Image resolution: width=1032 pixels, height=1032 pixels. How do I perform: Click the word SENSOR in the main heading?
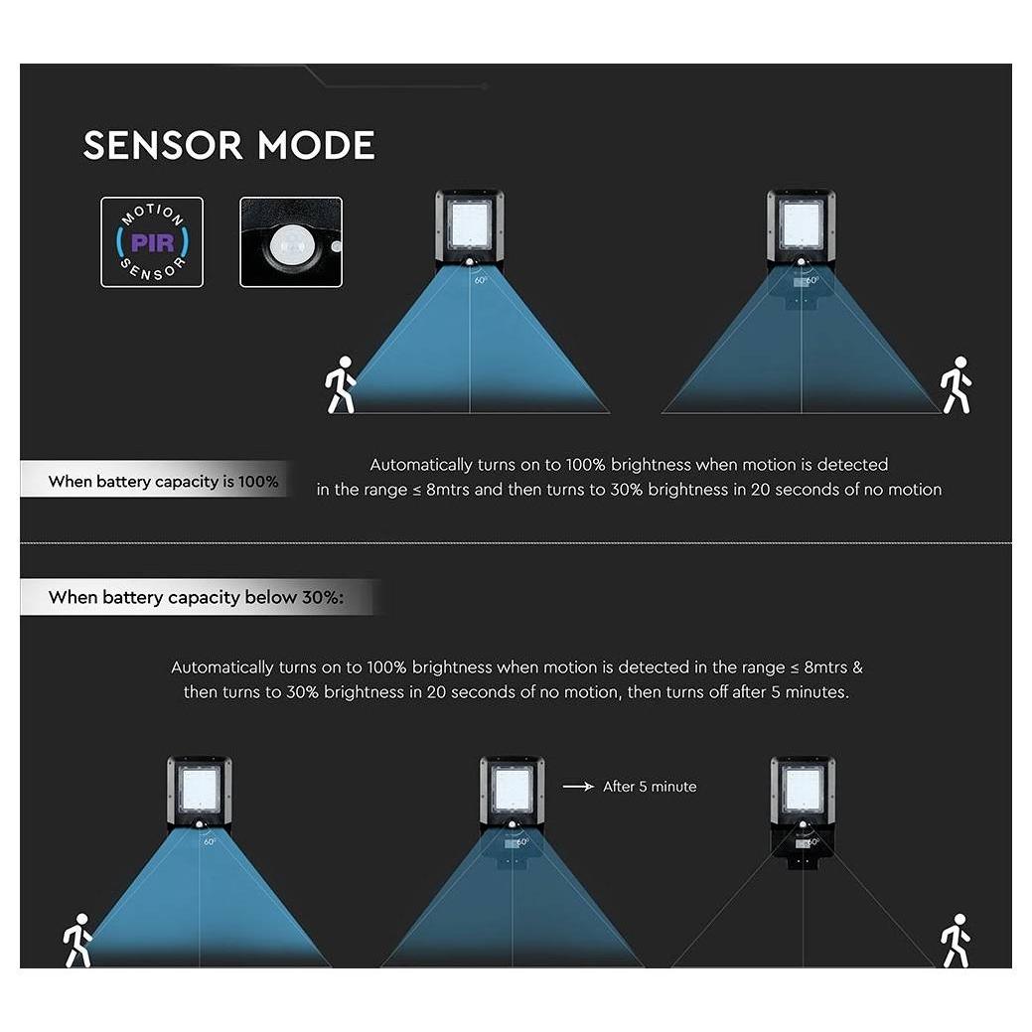pyautogui.click(x=163, y=145)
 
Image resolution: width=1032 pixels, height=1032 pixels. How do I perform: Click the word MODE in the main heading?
pyautogui.click(x=316, y=145)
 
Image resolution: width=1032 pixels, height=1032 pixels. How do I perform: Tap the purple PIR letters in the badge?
pyautogui.click(x=152, y=243)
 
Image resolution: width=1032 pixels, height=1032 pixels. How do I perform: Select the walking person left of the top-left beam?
pyautogui.click(x=341, y=385)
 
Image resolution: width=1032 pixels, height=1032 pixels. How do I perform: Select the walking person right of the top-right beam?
pyautogui.click(x=956, y=385)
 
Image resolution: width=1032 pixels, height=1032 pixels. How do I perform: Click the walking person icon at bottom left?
pyautogui.click(x=77, y=940)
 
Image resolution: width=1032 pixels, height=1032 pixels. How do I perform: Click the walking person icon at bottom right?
pyautogui.click(x=956, y=940)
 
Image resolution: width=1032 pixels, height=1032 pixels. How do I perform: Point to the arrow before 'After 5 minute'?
pyautogui.click(x=578, y=786)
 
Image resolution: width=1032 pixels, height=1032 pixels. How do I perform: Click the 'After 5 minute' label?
pyautogui.click(x=650, y=787)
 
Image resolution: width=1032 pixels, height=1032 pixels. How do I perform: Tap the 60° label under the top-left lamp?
pyautogui.click(x=481, y=280)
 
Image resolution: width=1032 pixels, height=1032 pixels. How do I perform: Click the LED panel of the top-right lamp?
pyautogui.click(x=801, y=223)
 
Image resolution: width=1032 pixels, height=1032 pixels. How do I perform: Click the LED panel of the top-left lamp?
pyautogui.click(x=469, y=223)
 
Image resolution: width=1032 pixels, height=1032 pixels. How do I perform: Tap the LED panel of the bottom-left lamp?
pyautogui.click(x=200, y=790)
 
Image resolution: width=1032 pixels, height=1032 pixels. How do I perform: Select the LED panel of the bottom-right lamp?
pyautogui.click(x=803, y=790)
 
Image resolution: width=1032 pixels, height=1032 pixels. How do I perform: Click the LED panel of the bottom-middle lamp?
pyautogui.click(x=513, y=790)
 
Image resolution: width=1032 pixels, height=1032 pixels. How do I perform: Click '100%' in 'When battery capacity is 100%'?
pyautogui.click(x=258, y=482)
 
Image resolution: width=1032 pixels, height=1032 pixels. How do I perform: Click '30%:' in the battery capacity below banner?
pyautogui.click(x=323, y=598)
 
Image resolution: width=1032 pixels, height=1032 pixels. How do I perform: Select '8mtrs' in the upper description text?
pyautogui.click(x=448, y=490)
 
